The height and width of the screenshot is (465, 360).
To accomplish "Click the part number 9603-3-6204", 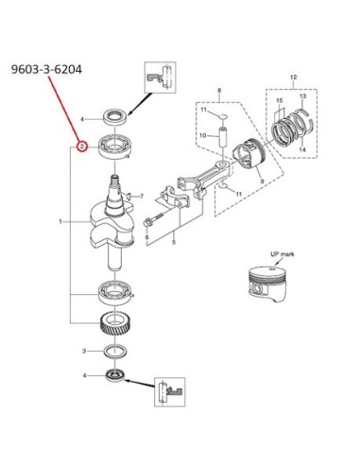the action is tap(46, 69).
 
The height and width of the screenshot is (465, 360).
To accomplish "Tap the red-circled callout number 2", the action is tap(82, 146).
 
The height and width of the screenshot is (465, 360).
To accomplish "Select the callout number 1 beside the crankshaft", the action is tap(60, 222).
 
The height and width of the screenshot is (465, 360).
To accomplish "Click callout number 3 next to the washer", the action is tap(84, 351).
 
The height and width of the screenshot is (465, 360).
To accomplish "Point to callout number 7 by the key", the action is tap(142, 197).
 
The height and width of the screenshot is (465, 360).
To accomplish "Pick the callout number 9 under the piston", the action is tap(262, 181).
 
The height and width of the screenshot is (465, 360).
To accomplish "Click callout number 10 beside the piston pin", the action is tap(203, 135).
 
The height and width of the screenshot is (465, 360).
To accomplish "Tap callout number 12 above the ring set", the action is tap(293, 77).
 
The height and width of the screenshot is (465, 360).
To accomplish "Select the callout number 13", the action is tap(302, 96).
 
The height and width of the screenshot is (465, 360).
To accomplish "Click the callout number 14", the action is tap(302, 149).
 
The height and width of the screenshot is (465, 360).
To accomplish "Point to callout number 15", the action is tap(280, 101).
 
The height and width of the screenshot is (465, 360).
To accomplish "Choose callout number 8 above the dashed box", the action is tap(219, 91).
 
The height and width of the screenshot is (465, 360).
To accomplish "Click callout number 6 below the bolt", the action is tap(146, 237).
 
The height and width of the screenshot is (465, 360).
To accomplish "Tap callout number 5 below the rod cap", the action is tap(174, 243).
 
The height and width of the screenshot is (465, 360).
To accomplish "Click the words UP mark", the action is tap(283, 254).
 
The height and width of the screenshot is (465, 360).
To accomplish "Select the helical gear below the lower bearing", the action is tap(115, 323).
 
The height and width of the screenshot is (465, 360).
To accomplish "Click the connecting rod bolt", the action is tap(154, 219).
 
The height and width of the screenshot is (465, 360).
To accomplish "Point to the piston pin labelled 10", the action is tap(223, 136).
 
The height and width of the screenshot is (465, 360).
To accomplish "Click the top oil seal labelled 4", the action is tap(115, 117).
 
